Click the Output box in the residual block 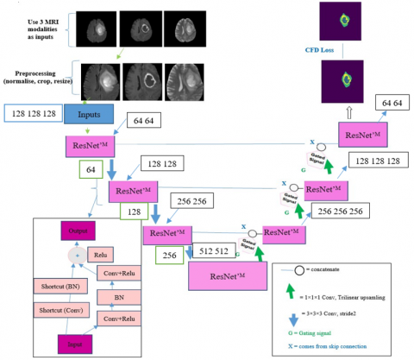coord(80,231)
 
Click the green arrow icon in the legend coord(296,297)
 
